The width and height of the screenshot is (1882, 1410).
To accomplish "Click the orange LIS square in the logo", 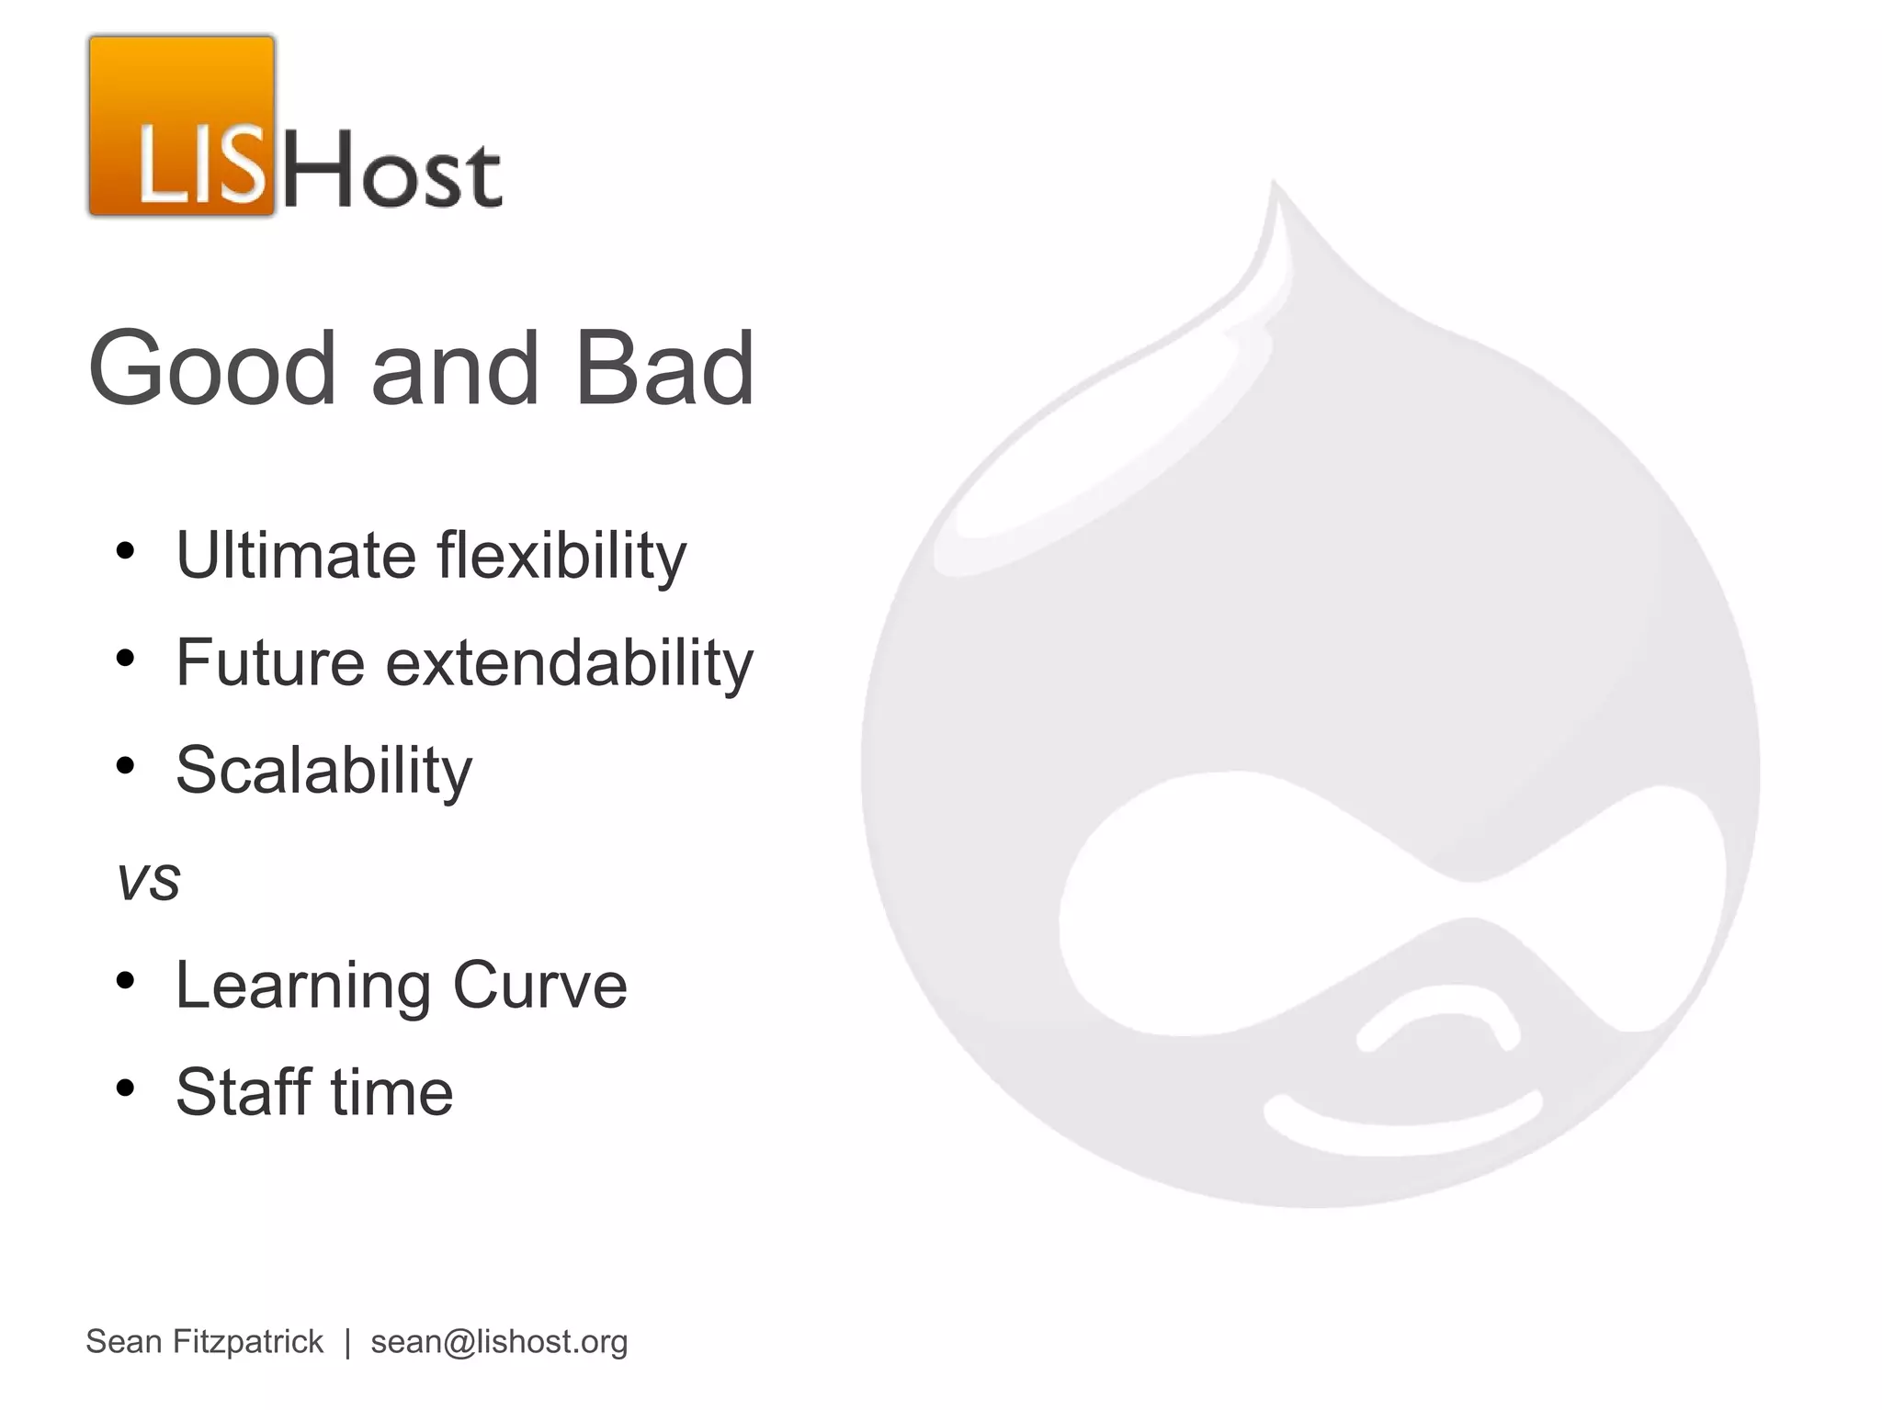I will tap(182, 126).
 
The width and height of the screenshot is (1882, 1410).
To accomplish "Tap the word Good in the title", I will tap(212, 368).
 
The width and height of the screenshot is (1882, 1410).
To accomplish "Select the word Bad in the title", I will tap(663, 368).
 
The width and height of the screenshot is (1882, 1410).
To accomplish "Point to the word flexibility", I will tap(561, 557).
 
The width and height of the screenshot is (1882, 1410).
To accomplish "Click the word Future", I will tap(270, 662).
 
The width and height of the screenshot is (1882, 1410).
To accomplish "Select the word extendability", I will tap(569, 662).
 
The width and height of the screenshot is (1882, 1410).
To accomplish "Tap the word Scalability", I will tap(323, 771).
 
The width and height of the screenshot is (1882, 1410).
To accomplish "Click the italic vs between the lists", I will tap(148, 881).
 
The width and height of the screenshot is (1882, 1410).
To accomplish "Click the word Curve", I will tap(539, 985).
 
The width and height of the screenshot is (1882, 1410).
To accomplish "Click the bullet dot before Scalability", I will tap(126, 765).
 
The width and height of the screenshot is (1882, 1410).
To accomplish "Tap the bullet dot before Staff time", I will tap(126, 1088).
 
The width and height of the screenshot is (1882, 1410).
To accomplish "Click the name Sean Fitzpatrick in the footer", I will tap(204, 1342).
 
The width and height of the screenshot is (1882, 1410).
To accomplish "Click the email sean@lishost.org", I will tap(499, 1342).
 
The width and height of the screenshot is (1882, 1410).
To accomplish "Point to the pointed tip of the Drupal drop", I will tap(1275, 188).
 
